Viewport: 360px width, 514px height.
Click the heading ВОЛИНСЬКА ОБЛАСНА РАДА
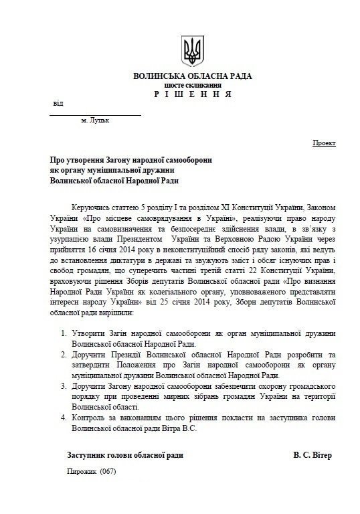point(192,77)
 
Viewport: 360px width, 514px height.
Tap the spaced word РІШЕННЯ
point(193,94)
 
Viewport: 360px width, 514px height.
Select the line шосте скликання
point(192,86)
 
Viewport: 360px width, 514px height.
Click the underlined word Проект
point(325,144)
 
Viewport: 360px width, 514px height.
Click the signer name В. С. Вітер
point(312,455)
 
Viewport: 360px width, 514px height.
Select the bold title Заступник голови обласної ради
point(125,455)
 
